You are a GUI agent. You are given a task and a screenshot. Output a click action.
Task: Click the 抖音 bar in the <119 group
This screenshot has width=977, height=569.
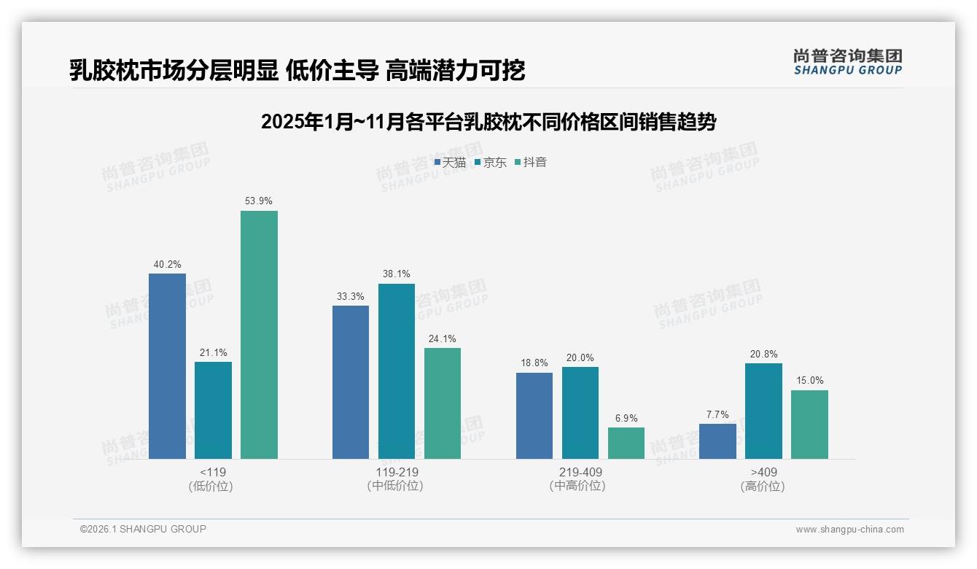[259, 335]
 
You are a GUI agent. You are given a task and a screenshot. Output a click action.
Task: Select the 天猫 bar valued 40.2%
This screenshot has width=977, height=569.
[167, 366]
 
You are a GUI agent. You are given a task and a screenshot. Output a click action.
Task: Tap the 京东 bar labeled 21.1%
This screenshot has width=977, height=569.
[213, 410]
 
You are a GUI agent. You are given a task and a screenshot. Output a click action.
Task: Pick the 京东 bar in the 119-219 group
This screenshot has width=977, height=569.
[397, 371]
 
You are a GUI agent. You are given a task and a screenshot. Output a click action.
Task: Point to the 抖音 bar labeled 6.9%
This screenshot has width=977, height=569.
[626, 443]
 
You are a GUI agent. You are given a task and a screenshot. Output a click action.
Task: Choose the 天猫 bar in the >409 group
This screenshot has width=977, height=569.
[717, 441]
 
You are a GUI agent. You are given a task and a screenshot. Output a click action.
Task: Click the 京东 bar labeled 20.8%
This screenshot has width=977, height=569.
[763, 411]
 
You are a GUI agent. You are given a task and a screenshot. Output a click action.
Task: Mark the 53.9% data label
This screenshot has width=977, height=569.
[259, 201]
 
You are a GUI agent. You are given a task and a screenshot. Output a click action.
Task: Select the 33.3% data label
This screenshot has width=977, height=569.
[351, 296]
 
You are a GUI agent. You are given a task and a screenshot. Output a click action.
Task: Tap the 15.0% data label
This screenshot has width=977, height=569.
[809, 380]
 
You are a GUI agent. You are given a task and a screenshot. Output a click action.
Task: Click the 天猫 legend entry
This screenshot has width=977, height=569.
[450, 163]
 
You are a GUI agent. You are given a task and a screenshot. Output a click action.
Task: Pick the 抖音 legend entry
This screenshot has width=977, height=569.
[531, 163]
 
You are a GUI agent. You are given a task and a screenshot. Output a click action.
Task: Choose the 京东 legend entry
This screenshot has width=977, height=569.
[490, 163]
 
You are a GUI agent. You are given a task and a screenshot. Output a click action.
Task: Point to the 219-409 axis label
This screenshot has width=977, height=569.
[580, 472]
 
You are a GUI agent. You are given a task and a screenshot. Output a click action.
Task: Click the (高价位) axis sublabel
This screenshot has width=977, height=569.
[763, 486]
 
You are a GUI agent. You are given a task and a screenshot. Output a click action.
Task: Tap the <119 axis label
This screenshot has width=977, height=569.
[212, 472]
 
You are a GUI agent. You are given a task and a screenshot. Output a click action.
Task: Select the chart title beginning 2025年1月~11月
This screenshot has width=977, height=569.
[488, 122]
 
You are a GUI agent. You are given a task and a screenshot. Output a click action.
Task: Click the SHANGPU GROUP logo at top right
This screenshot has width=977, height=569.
[847, 62]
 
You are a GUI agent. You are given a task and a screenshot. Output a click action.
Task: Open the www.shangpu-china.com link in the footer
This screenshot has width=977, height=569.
[849, 530]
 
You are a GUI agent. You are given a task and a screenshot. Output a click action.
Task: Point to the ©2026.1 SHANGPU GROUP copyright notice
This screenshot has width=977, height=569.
[143, 529]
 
